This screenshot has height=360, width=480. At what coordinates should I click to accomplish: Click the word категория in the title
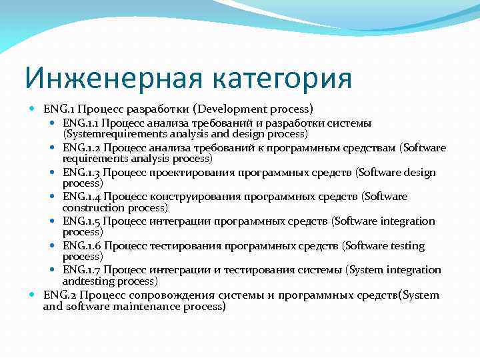click(x=283, y=78)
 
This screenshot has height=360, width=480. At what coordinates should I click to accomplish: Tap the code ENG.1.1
click(x=81, y=123)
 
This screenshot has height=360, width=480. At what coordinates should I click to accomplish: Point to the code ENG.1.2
click(x=81, y=148)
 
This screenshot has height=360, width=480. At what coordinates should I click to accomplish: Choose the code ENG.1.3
click(x=81, y=173)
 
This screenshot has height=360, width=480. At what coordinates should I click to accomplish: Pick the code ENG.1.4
click(x=81, y=197)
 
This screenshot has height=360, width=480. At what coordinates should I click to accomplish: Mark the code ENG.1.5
click(x=81, y=221)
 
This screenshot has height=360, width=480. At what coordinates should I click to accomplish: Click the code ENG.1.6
click(x=81, y=246)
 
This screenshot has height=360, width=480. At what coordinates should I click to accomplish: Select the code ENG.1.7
click(x=81, y=270)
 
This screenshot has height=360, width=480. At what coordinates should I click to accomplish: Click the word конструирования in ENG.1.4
click(x=191, y=197)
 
